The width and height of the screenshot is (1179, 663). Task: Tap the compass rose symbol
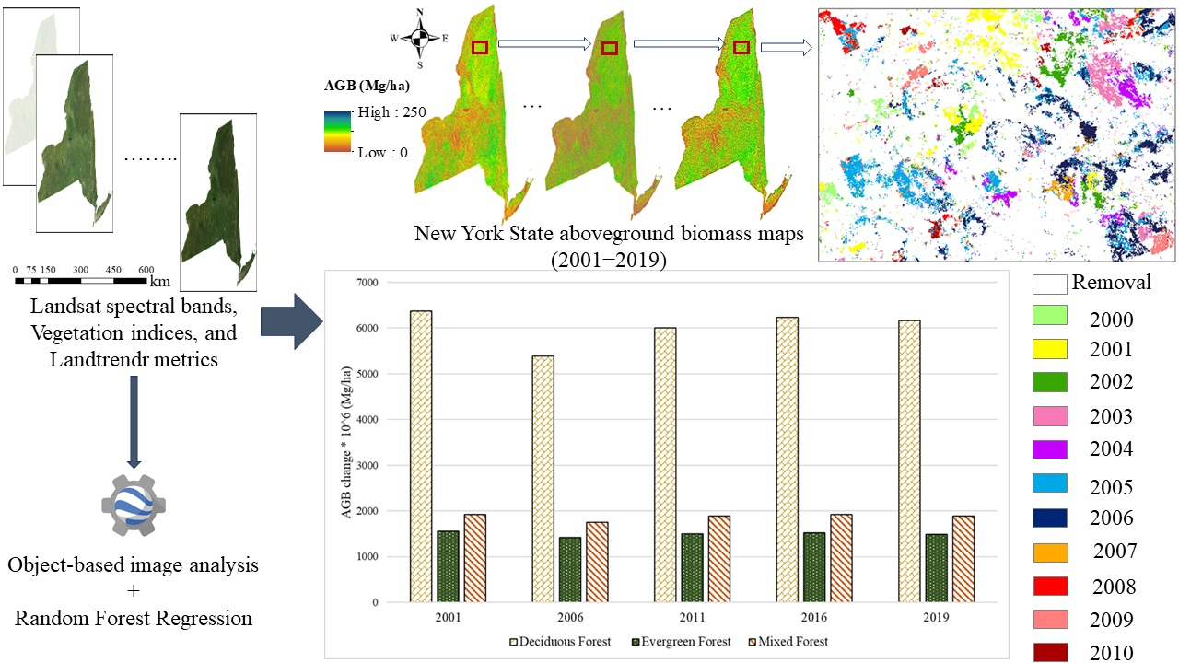coord(419,38)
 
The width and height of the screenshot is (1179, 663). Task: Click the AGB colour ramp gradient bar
coord(337,131)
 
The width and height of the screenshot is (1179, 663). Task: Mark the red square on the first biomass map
coord(479,47)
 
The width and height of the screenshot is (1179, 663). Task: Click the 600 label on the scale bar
coord(146,270)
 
